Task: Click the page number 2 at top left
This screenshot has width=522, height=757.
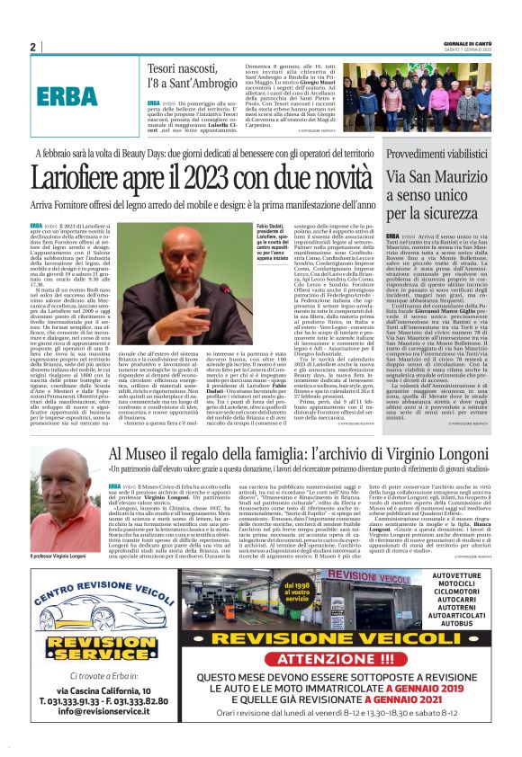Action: pos(33,47)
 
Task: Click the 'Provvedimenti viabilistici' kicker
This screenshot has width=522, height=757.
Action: pos(440,156)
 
